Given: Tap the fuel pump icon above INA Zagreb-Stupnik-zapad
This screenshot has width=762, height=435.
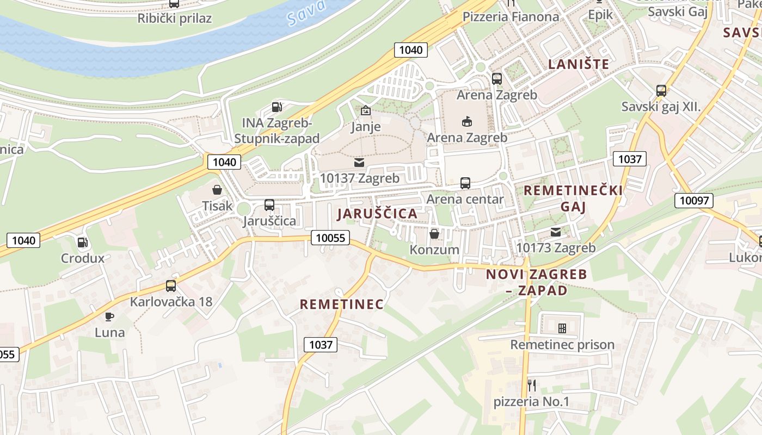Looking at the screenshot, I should click(277, 107).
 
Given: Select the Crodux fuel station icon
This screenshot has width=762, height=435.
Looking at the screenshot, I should click(82, 243).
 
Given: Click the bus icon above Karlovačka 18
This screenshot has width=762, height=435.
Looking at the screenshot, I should click(171, 286).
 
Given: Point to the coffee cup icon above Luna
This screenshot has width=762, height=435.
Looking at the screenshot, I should click(109, 316).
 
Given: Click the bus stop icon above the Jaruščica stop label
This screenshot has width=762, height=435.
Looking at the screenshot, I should click(269, 205).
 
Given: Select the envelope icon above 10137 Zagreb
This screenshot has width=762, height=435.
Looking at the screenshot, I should click(359, 163).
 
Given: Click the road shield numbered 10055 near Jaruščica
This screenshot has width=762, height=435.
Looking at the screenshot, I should click(331, 238).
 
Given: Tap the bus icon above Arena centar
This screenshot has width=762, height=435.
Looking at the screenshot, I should click(465, 183).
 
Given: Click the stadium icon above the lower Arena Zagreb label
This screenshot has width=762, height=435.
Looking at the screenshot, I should click(467, 122).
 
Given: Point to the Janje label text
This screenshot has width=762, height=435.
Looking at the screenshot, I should click(365, 127).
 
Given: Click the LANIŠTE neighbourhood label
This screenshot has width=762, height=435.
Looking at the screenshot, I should click(579, 64).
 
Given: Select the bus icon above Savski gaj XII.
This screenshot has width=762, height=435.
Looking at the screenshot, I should click(661, 91).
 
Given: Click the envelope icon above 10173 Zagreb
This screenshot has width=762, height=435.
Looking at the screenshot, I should click(555, 232).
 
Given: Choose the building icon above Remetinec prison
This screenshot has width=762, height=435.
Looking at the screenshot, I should click(562, 328).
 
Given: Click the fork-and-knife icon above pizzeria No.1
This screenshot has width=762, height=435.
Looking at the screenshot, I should click(532, 386).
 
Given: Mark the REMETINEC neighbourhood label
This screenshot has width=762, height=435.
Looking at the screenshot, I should click(342, 304).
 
